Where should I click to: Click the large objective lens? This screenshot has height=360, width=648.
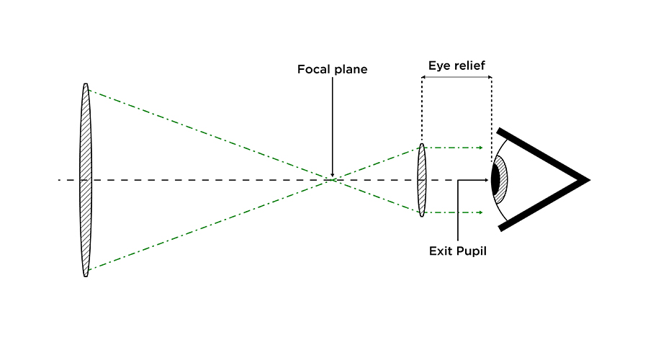coord(86,180)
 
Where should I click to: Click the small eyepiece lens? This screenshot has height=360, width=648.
coord(421,180)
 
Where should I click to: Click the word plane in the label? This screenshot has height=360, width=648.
coord(351,70)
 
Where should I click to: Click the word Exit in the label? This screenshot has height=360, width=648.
coord(440,251)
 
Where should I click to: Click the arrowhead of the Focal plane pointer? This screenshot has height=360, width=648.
coord(332,174)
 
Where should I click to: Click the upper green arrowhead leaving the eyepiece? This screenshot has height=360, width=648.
coord(480,148)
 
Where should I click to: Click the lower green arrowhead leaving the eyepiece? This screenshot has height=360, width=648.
coord(480,212)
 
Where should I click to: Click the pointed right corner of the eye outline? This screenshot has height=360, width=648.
coord(588,179)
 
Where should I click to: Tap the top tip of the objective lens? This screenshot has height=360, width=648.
coord(86,85)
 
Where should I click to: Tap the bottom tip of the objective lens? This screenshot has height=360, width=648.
coord(86,275)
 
